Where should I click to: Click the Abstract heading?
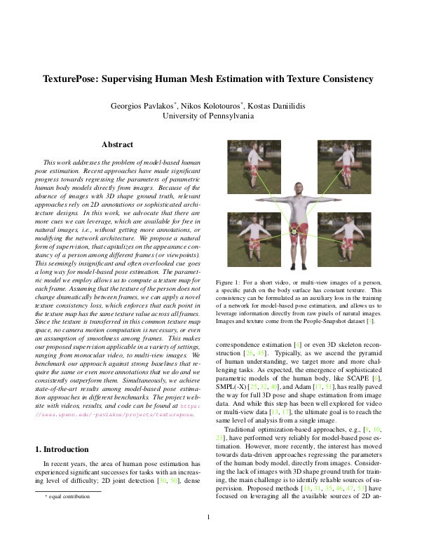tap(118, 145)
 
